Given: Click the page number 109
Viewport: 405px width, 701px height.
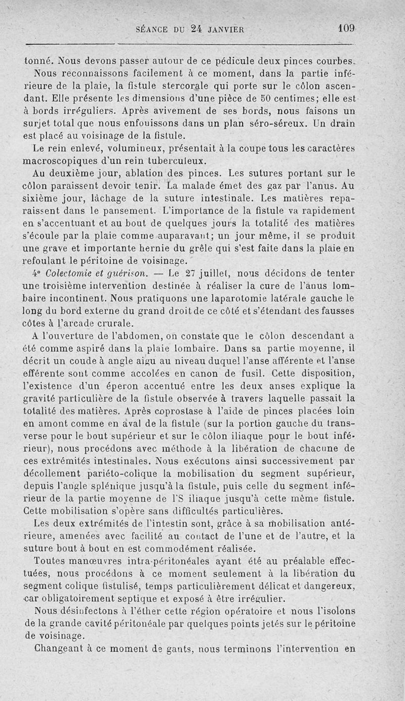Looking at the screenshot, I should (x=347, y=29).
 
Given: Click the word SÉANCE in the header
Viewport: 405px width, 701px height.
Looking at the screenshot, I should (x=151, y=29).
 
